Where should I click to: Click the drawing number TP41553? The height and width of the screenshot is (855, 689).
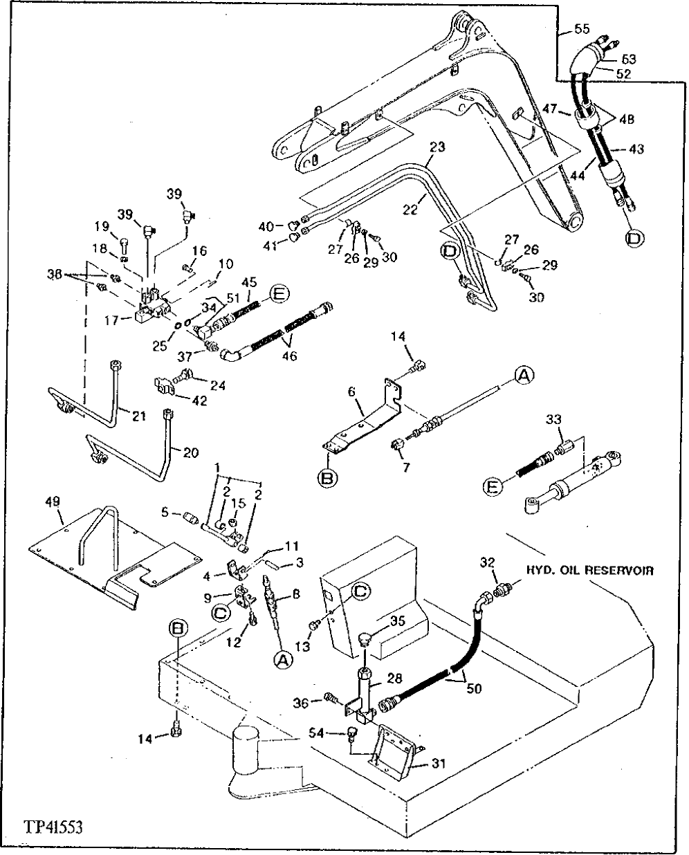[x=53, y=827]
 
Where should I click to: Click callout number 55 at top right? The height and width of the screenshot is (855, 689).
[x=582, y=28]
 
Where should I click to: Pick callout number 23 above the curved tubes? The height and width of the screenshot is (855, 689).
[x=437, y=147]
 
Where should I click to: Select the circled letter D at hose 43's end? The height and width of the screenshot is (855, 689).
[x=634, y=239]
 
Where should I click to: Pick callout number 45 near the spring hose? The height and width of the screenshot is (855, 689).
[x=250, y=282]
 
